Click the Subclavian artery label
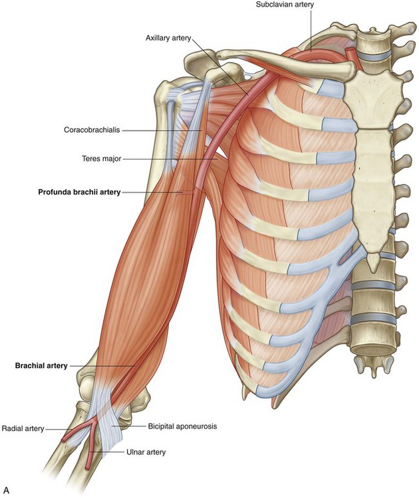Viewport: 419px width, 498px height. tap(285, 5)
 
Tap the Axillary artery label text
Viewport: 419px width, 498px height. tap(168, 38)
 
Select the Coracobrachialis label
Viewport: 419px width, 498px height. tap(92, 130)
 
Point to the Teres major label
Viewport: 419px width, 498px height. tap(102, 158)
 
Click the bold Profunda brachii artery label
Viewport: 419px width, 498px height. tap(80, 192)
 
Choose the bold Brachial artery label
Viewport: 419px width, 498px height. tap(41, 366)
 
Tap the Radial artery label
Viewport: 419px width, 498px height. tap(23, 428)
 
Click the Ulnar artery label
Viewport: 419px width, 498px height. tap(146, 452)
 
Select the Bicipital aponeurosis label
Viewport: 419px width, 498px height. tap(182, 426)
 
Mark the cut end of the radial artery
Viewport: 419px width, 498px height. tap(64, 440)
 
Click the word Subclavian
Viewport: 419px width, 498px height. tap(271, 5)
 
